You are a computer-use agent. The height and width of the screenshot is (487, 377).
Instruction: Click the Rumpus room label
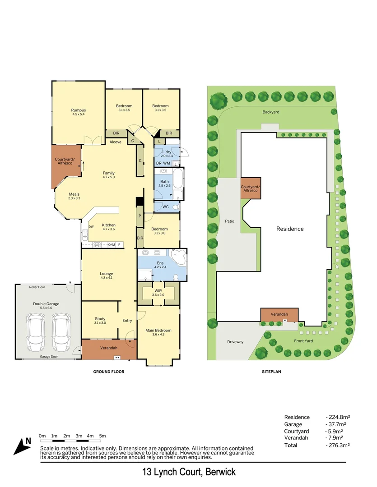click(x=79, y=110)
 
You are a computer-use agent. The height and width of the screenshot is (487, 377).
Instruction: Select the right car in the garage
click(x=61, y=332)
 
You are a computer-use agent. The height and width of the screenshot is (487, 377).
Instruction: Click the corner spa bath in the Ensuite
click(x=178, y=257)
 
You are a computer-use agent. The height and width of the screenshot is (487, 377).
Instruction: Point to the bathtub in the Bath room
click(x=178, y=179)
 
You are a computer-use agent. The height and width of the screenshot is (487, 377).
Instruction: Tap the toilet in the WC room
click(x=176, y=207)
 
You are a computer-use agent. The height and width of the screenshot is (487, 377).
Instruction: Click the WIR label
click(x=158, y=291)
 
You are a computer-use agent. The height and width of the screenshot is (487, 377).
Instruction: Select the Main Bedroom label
click(x=158, y=330)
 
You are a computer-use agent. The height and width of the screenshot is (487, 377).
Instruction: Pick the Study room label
click(x=100, y=319)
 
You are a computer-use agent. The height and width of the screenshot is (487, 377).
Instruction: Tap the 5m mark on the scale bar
click(x=102, y=436)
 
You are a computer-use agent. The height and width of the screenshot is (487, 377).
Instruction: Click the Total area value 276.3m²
click(x=339, y=445)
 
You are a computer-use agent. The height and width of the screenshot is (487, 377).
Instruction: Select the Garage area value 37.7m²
click(x=336, y=424)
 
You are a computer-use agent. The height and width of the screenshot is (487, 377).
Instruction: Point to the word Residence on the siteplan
click(x=290, y=229)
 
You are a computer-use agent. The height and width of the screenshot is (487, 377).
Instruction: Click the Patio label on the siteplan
click(x=229, y=221)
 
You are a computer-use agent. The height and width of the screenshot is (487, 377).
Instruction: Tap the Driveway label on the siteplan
click(x=235, y=342)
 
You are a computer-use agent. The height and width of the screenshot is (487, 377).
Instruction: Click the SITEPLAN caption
click(x=271, y=372)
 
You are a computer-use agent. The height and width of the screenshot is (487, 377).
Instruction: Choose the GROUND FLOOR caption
click(x=109, y=372)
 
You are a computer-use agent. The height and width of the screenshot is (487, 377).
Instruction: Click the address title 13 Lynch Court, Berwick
click(x=189, y=472)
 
